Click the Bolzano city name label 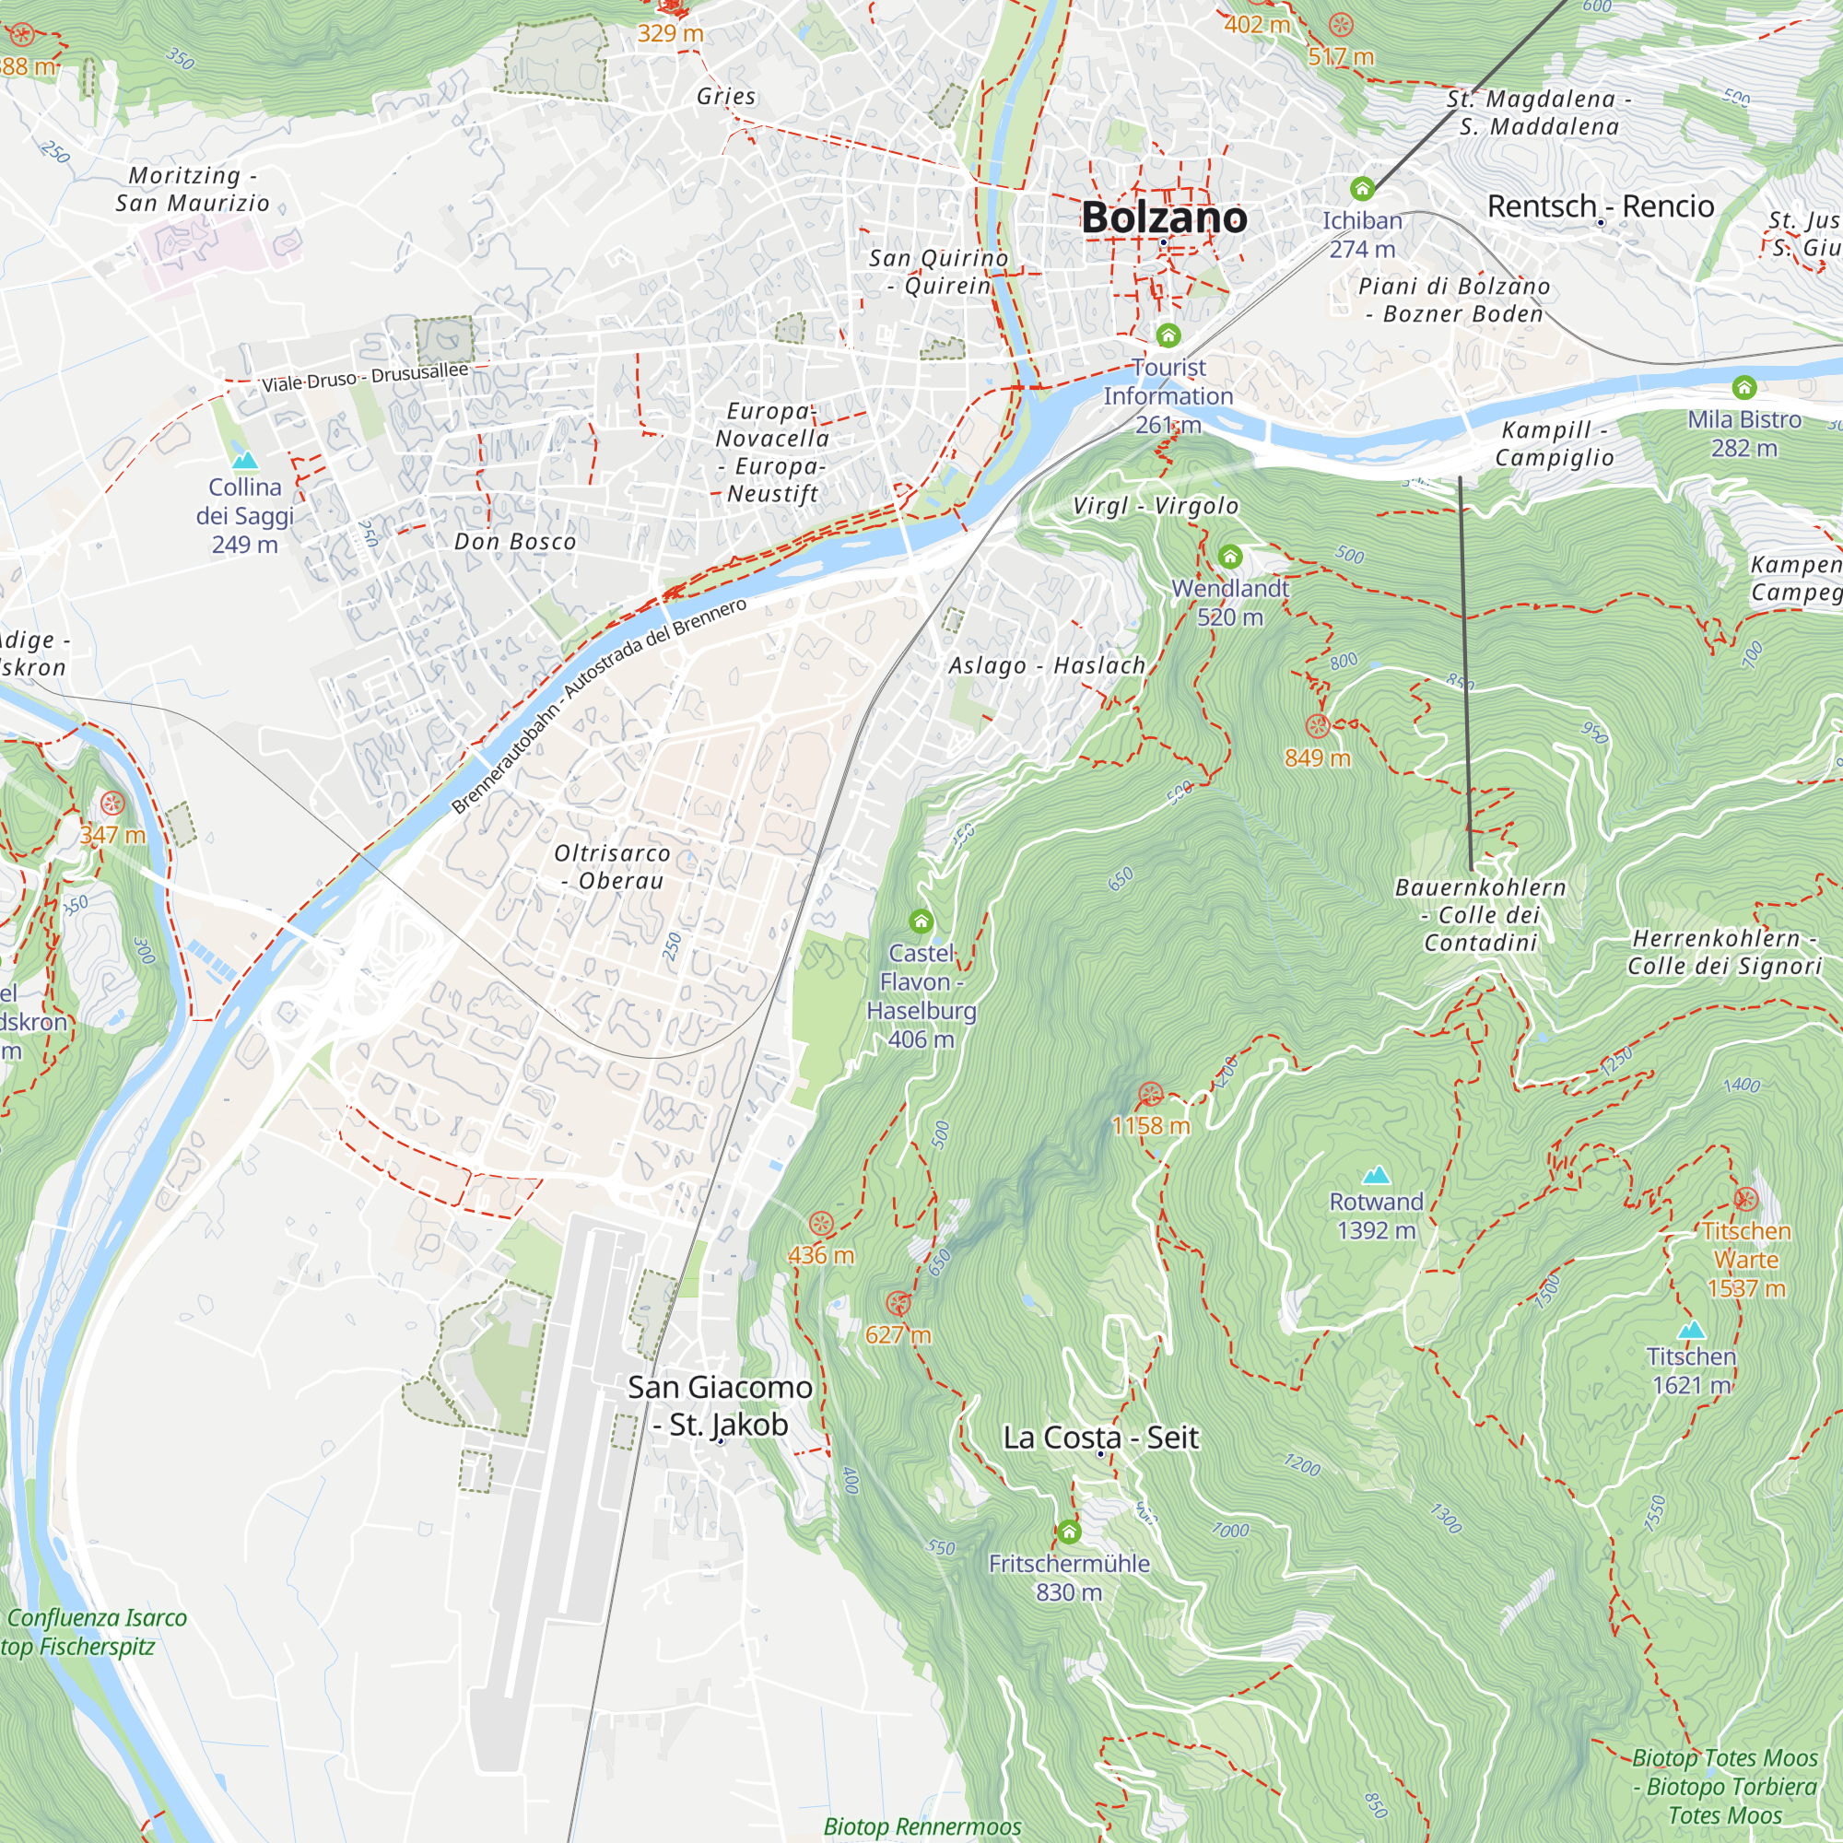[x=1163, y=217]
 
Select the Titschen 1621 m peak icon [x=1690, y=1330]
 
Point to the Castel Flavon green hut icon [x=921, y=921]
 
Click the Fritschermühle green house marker [x=1068, y=1532]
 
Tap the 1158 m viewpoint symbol [x=1150, y=1093]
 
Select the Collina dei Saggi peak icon [x=245, y=460]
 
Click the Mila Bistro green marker [x=1743, y=386]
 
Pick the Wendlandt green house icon [x=1229, y=557]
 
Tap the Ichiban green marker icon [x=1361, y=188]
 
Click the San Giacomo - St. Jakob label [x=721, y=1405]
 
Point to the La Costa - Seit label [x=1100, y=1437]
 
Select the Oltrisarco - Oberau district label [x=613, y=866]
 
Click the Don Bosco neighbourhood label [x=515, y=542]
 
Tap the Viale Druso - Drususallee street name [x=365, y=377]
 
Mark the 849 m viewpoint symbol [x=1318, y=726]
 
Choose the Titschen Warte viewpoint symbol [x=1745, y=1199]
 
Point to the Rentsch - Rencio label [x=1601, y=206]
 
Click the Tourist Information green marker [x=1168, y=335]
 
